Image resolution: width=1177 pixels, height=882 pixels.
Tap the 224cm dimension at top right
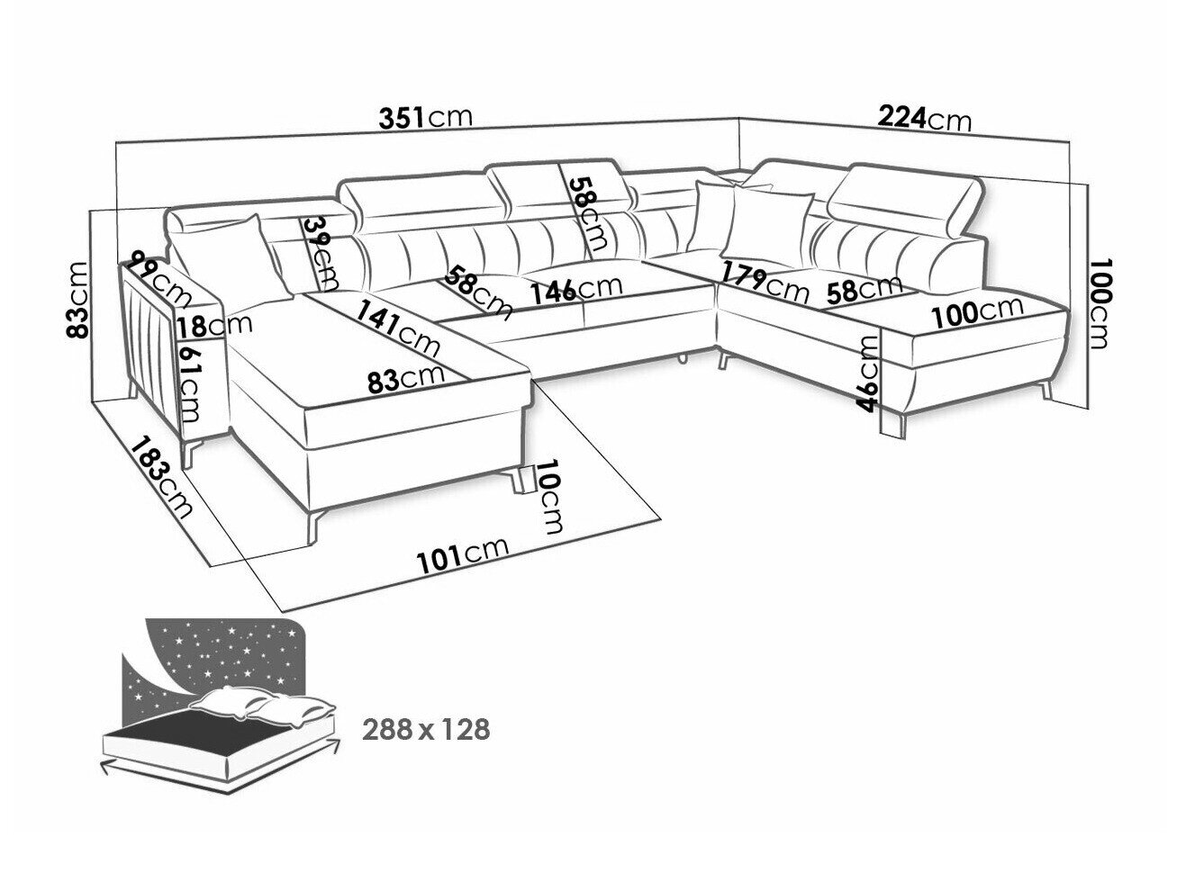tap(923, 120)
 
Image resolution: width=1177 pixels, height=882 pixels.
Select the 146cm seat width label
tap(576, 290)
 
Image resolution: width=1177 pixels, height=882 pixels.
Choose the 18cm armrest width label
tap(214, 326)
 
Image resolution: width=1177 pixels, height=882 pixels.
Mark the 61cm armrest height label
tap(189, 382)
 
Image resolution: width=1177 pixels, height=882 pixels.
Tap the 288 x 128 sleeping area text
tap(426, 729)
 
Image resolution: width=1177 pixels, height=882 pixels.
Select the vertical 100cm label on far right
tap(1099, 304)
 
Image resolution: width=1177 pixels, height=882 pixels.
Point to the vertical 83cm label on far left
tap(77, 300)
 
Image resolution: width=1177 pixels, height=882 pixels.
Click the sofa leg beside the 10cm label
tap(520, 479)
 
